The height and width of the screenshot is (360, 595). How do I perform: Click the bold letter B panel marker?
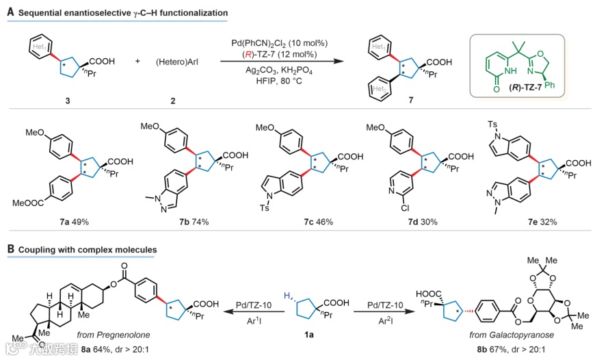tap(10, 250)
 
